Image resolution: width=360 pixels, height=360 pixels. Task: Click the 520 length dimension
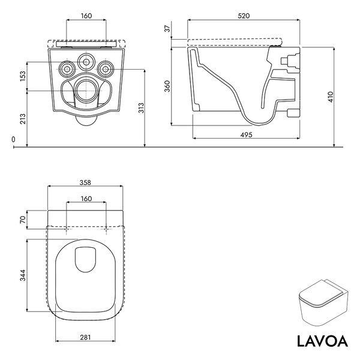tap(244, 16)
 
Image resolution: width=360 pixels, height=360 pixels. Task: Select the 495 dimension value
tap(246, 135)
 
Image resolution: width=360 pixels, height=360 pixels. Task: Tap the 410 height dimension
tap(331, 97)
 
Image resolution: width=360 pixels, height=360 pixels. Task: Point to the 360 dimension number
tap(167, 86)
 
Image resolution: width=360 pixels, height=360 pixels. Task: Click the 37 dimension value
tap(167, 28)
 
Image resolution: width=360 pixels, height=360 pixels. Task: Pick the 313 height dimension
tap(141, 108)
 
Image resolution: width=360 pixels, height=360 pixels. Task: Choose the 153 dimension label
tap(23, 76)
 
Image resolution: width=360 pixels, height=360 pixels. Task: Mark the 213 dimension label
tap(23, 119)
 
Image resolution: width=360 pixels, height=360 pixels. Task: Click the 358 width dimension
tap(85, 182)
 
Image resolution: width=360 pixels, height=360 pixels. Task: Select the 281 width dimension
tap(85, 337)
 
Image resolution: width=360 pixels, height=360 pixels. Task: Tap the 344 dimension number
tap(23, 275)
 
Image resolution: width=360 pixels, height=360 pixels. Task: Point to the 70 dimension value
tap(23, 220)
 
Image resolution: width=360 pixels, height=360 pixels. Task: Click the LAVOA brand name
tap(322, 341)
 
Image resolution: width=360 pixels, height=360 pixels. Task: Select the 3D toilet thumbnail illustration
tap(323, 303)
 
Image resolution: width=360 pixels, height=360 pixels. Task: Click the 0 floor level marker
tap(13, 139)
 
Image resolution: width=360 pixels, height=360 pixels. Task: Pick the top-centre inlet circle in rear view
tap(86, 62)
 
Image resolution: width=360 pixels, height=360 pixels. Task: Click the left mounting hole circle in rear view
tap(67, 69)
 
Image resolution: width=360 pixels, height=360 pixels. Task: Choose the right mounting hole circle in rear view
tap(106, 69)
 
